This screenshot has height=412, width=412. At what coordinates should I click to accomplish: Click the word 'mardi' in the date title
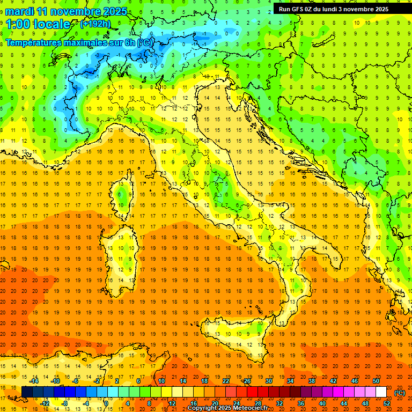19,11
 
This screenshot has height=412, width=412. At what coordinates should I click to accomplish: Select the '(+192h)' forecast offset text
96,24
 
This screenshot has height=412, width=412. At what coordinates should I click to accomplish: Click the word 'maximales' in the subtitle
89,42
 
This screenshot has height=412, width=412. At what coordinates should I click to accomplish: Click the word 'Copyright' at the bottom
203,408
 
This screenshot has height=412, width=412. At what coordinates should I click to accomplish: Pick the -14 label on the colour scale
34,381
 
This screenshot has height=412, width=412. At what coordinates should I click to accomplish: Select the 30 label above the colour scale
268,381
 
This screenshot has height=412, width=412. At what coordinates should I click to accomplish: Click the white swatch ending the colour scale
381,392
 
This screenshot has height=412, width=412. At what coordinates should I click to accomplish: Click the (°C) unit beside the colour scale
400,393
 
